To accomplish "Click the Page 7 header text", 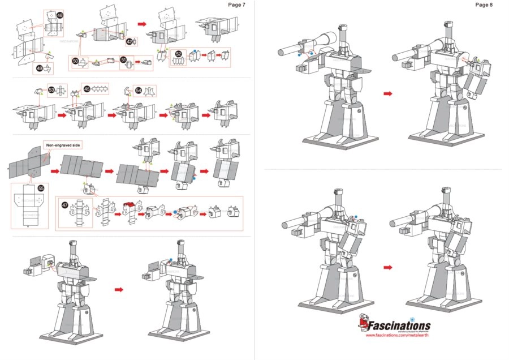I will (236, 5).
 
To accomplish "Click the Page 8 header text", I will (484, 5).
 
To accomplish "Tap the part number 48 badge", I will (61, 15).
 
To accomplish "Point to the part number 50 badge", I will (75, 59).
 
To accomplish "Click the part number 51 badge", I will (123, 59).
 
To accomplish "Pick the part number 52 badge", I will (179, 54).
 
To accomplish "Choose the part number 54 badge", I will (138, 89).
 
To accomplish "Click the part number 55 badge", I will (40, 188).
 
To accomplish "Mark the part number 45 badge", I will (87, 89).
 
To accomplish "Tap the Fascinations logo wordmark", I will (399, 326).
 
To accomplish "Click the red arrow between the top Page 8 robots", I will (387, 93).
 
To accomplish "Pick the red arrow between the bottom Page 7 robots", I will (119, 289).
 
